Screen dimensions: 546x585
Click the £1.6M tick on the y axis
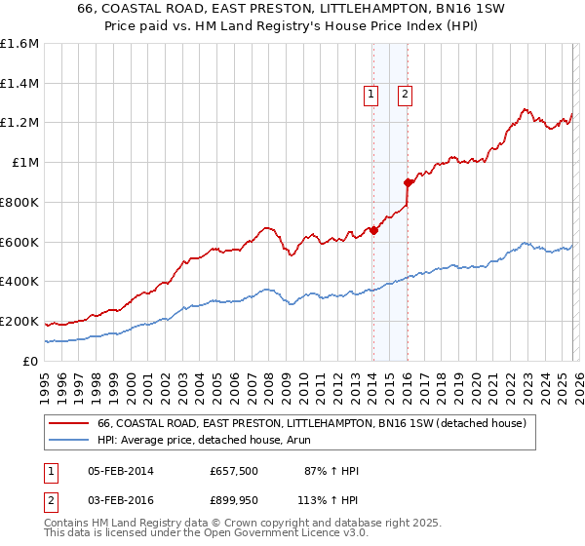(19, 44)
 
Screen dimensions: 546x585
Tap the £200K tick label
(19, 322)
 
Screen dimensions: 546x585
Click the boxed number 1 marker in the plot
(371, 95)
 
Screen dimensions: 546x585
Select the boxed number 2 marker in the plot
(405, 95)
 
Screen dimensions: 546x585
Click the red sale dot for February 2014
(373, 230)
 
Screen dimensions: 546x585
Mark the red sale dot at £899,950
(408, 182)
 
